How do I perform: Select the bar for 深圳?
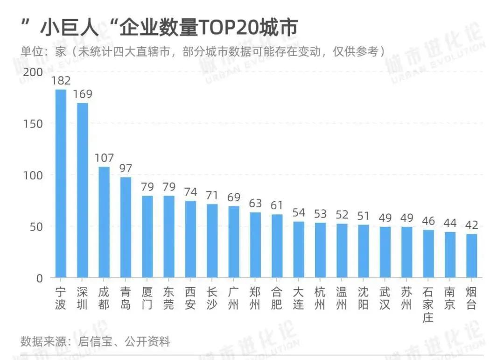[x=83, y=190]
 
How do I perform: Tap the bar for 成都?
[x=104, y=222]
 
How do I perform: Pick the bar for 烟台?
[x=471, y=256]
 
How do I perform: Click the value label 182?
[x=61, y=80]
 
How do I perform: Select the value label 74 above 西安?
[x=190, y=192]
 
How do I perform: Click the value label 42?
[x=471, y=225]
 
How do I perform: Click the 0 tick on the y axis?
[x=39, y=278]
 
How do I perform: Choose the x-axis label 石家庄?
[x=428, y=305]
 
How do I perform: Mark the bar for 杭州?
[x=320, y=250]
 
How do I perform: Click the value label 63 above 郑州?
[x=255, y=203]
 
